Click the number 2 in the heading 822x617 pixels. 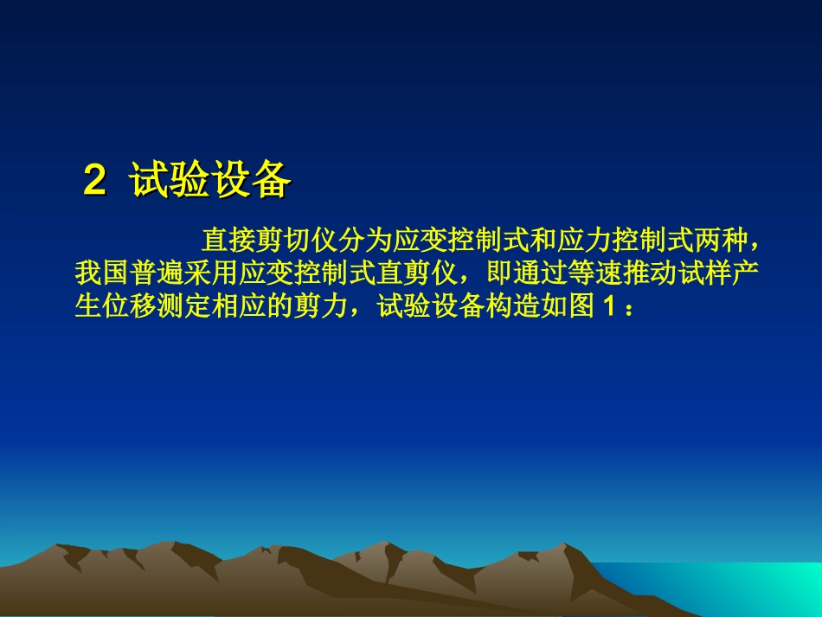pyautogui.click(x=94, y=181)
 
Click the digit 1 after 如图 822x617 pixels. pyautogui.click(x=606, y=308)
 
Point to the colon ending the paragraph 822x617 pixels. pyautogui.click(x=628, y=310)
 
